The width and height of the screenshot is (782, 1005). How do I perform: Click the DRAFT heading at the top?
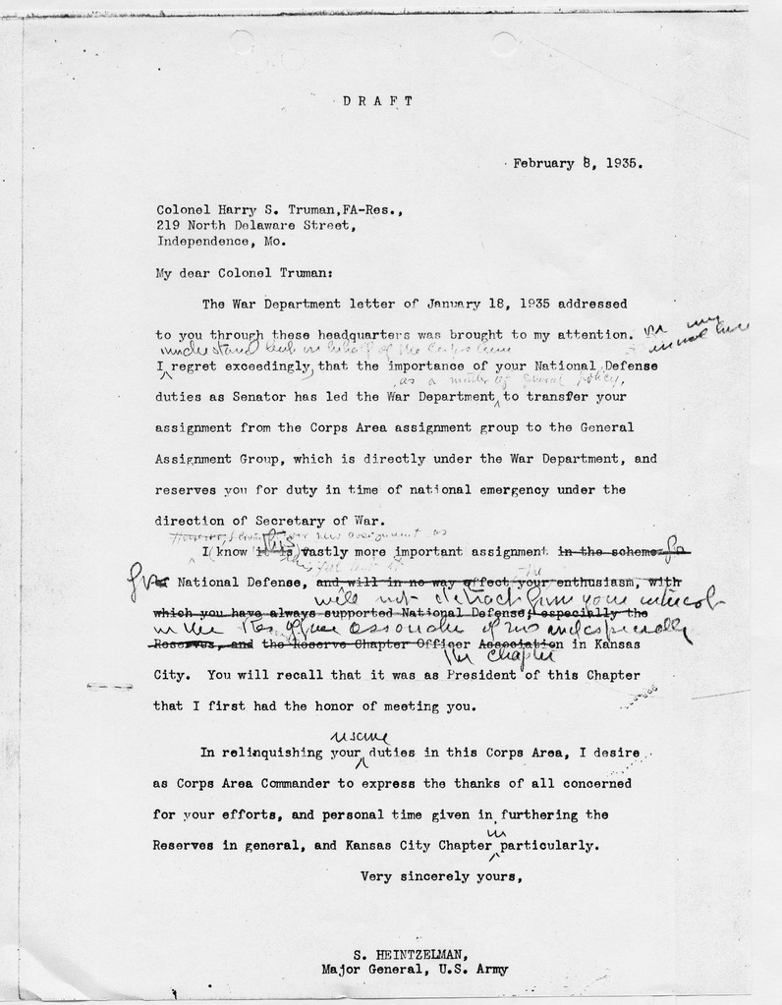378,100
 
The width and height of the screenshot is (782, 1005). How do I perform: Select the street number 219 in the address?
167,224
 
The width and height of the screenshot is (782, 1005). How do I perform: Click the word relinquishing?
269,754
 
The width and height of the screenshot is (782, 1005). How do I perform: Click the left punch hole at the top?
240,42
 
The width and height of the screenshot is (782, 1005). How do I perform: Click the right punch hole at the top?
504,43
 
